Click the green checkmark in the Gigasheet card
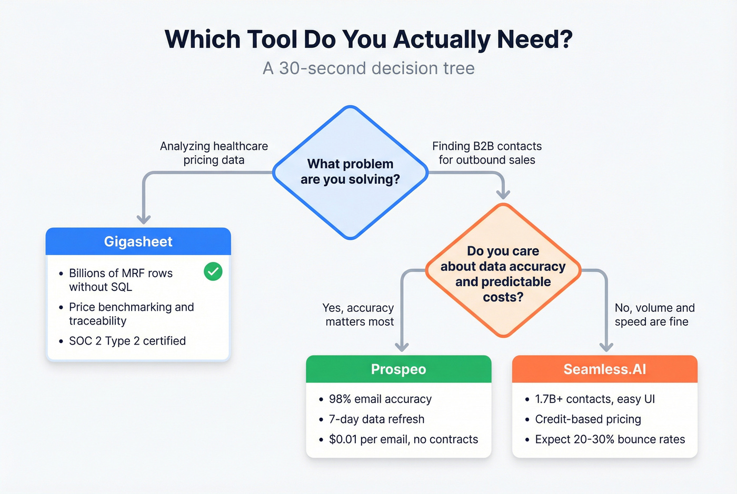click(x=213, y=271)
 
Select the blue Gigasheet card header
click(x=138, y=241)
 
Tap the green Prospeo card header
click(x=399, y=369)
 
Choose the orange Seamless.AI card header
click(x=604, y=369)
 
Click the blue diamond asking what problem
click(x=350, y=172)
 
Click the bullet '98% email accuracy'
click(x=380, y=399)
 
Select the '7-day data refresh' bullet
click(x=376, y=419)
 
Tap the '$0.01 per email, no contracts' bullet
click(x=403, y=439)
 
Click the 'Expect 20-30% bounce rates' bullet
click(x=610, y=439)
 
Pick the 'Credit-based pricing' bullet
click(x=587, y=419)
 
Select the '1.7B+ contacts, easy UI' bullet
click(x=595, y=399)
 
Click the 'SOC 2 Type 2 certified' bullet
click(x=127, y=341)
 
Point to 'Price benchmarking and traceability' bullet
click(x=131, y=314)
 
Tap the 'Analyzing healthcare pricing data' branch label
click(x=214, y=153)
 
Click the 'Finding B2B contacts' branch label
click(x=486, y=153)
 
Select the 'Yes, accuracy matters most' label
click(x=359, y=315)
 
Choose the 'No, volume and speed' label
click(x=654, y=315)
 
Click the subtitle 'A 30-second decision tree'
click(x=368, y=68)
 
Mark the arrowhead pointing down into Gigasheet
click(x=144, y=219)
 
